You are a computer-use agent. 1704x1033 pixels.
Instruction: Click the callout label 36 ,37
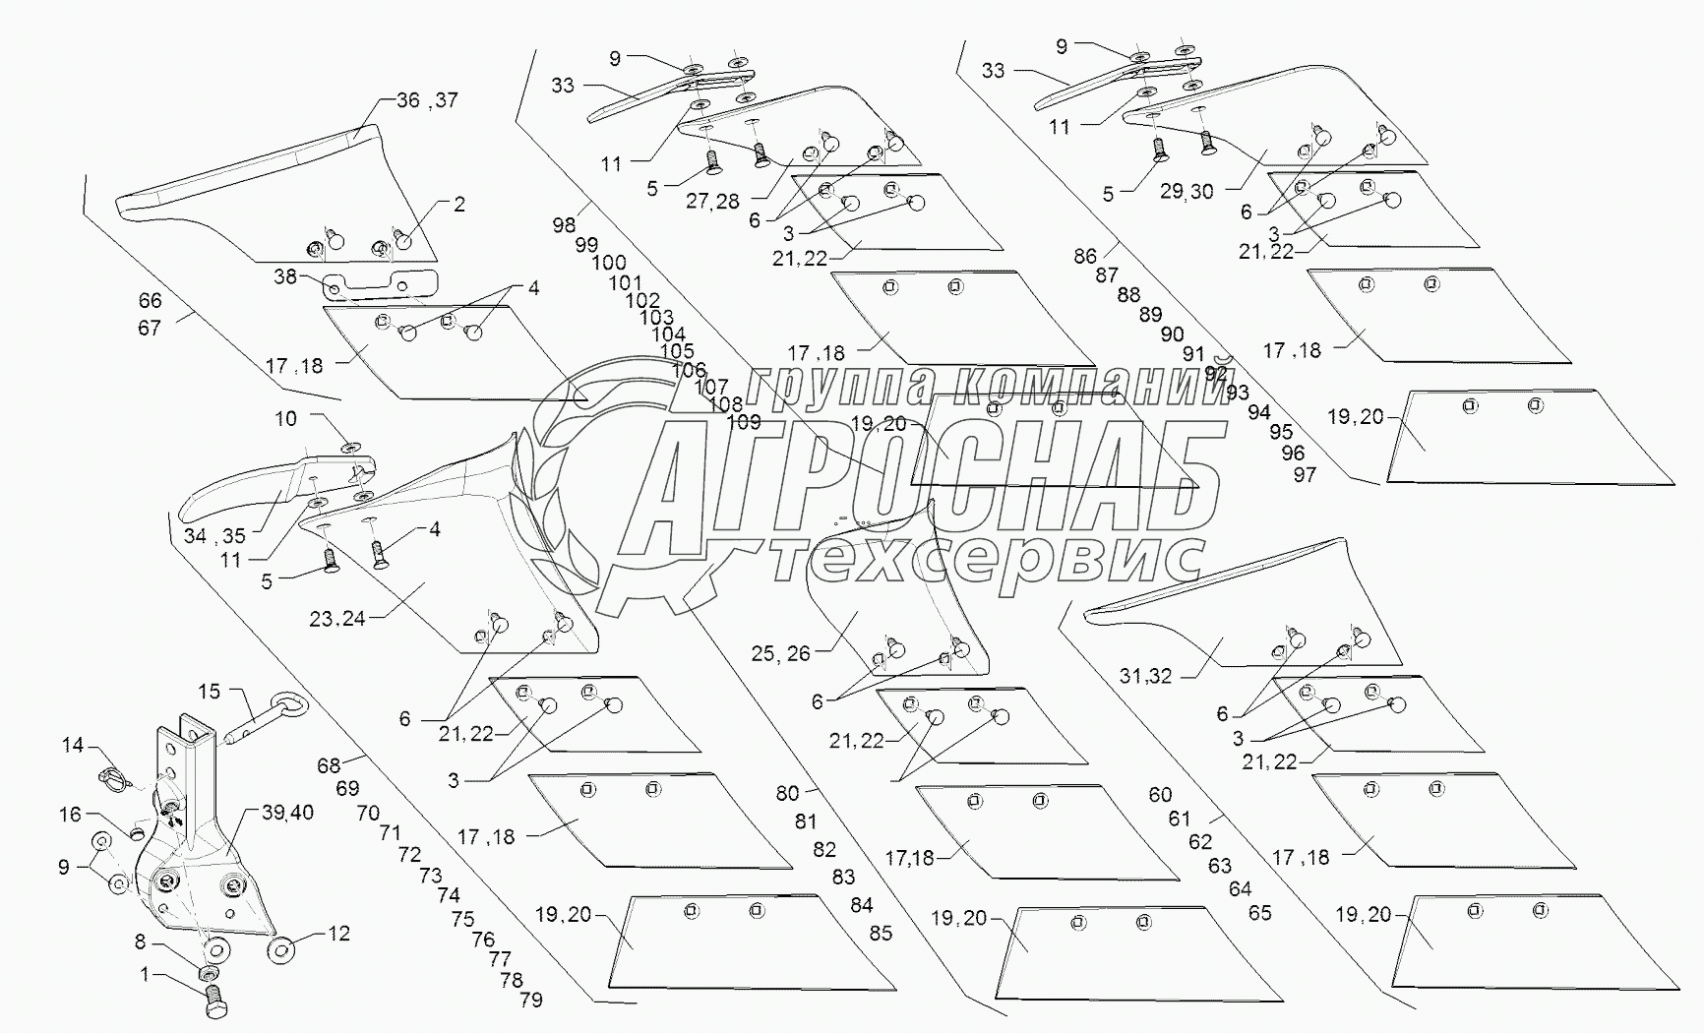pyautogui.click(x=427, y=100)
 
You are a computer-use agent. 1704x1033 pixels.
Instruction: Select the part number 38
pyautogui.click(x=285, y=277)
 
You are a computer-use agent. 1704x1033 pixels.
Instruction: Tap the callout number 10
pyautogui.click(x=285, y=419)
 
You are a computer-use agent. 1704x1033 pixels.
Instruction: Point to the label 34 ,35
pyautogui.click(x=214, y=536)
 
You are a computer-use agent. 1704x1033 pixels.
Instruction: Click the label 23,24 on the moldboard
pyautogui.click(x=337, y=619)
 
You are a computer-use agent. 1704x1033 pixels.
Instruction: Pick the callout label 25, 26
pyautogui.click(x=780, y=653)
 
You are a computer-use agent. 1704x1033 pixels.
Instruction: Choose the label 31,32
pyautogui.click(x=1146, y=677)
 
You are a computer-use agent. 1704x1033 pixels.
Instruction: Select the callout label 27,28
pyautogui.click(x=713, y=201)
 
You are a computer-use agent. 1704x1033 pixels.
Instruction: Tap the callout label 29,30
pyautogui.click(x=1187, y=193)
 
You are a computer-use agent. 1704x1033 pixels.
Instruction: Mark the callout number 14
pyautogui.click(x=73, y=745)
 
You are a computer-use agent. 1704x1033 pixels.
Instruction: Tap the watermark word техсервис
pyautogui.click(x=984, y=563)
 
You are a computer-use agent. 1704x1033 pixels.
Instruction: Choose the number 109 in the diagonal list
pyautogui.click(x=743, y=423)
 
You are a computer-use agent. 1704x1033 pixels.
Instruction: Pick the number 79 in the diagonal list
pyautogui.click(x=531, y=1001)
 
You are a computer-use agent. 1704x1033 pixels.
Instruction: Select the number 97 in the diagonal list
pyautogui.click(x=1305, y=475)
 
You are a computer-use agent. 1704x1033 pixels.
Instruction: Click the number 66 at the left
pyautogui.click(x=150, y=301)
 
